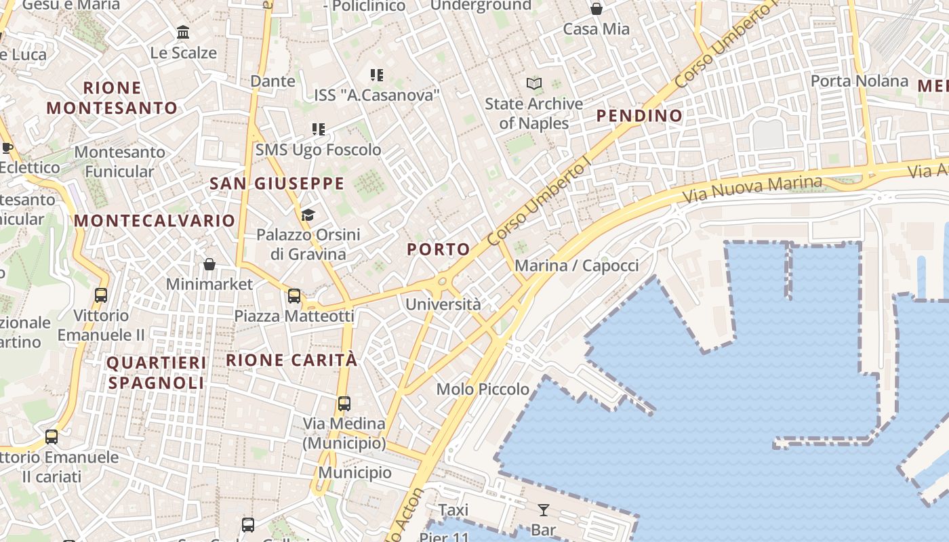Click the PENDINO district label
[x=639, y=116]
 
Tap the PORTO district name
[x=439, y=249]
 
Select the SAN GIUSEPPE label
[x=277, y=184]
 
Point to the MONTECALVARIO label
[x=155, y=221]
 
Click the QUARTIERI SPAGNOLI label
[x=157, y=373]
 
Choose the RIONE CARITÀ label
[x=291, y=360]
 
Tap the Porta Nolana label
[x=860, y=81]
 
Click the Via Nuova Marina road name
[x=752, y=190]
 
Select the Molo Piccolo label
[x=483, y=390]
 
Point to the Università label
[x=443, y=305]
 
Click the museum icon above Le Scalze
[x=183, y=32]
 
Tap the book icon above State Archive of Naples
[x=534, y=84]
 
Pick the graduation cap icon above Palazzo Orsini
[x=308, y=215]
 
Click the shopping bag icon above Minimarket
[x=209, y=264]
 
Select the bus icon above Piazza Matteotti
[x=294, y=296]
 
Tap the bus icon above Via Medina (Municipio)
[x=344, y=404]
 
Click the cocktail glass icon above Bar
[x=543, y=510]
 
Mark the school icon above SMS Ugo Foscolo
[x=319, y=129]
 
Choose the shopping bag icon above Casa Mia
[x=597, y=9]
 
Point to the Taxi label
[x=453, y=510]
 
